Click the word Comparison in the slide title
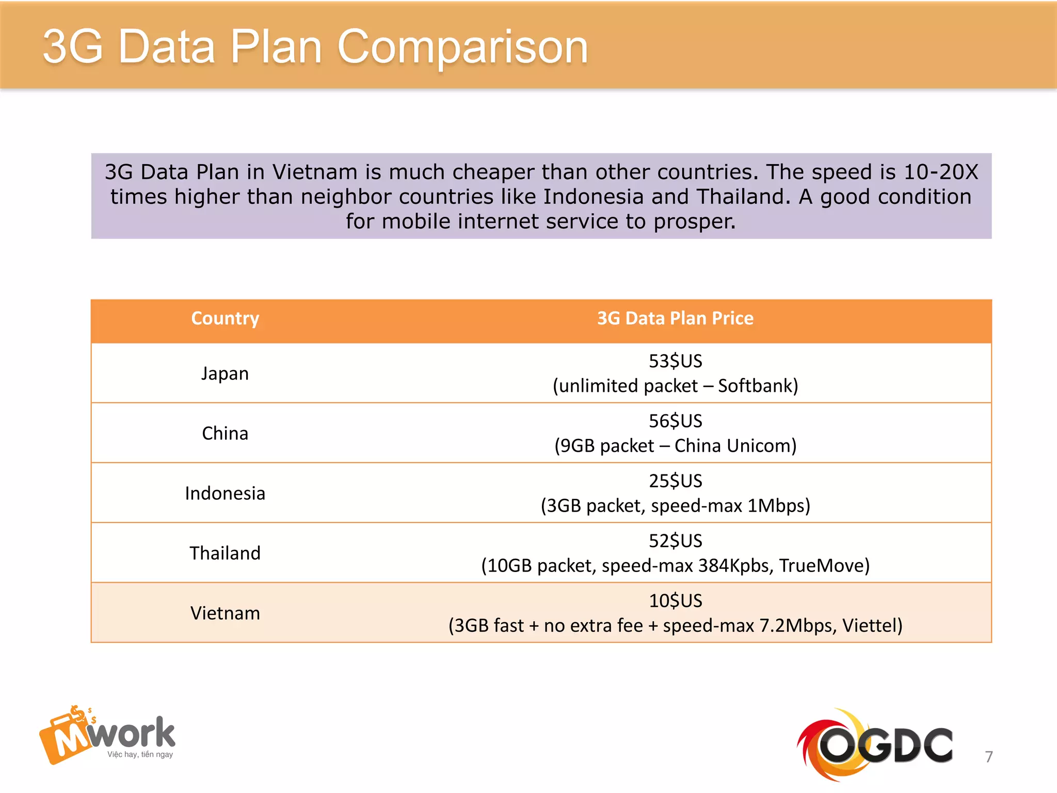(x=462, y=47)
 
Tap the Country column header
(x=225, y=319)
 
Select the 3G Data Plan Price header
(x=675, y=319)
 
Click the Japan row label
(x=225, y=373)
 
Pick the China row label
(x=225, y=433)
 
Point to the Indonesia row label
(x=225, y=493)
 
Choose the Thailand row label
(x=225, y=553)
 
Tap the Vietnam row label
(x=225, y=613)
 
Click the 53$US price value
(x=675, y=361)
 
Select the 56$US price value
(x=675, y=421)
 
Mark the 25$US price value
(x=675, y=481)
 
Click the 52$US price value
(x=675, y=541)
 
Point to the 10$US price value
(x=675, y=600)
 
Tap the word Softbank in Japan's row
(x=757, y=386)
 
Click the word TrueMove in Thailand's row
(x=823, y=565)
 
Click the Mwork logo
(x=107, y=735)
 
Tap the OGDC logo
(x=874, y=744)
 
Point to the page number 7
(x=988, y=757)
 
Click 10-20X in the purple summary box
(x=940, y=172)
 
